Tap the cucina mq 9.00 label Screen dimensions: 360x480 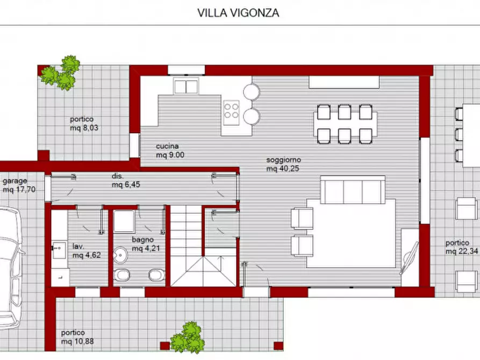coord(168,150)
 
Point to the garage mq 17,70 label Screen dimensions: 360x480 coord(19,185)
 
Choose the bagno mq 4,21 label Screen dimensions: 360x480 coord(144,244)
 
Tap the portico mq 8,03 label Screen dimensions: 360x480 coord(84,124)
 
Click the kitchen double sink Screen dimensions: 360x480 coord(186,86)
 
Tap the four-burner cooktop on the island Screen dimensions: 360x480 coord(232,110)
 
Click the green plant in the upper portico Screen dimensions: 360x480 coord(60,74)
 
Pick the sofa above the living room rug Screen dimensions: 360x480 coord(352,189)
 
